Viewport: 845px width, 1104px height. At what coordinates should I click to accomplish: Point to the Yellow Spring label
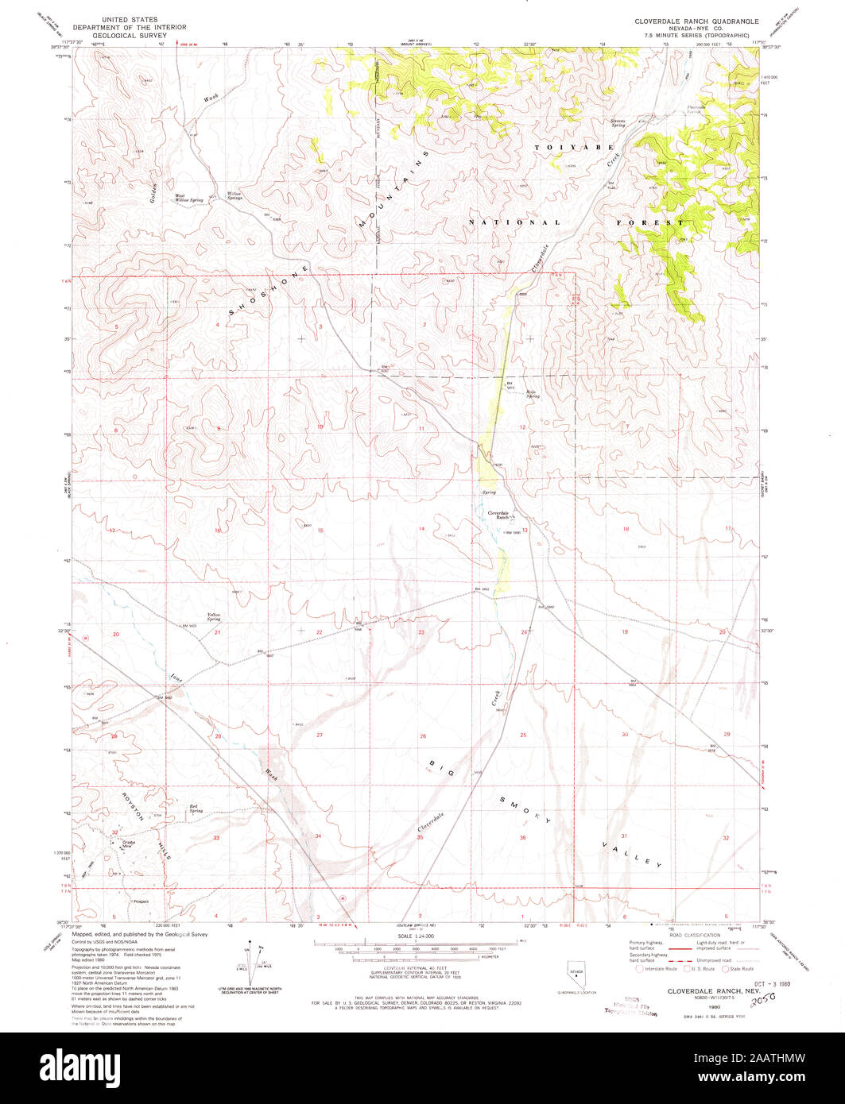click(x=213, y=616)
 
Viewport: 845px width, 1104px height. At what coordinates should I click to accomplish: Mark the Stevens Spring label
click(x=618, y=123)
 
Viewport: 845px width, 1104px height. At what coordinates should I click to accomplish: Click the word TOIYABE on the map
click(x=562, y=148)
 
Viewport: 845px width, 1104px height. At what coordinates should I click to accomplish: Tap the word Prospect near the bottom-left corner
click(x=141, y=901)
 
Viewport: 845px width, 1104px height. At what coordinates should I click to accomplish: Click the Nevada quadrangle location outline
click(x=564, y=976)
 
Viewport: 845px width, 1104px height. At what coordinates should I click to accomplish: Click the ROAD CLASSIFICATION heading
click(x=687, y=936)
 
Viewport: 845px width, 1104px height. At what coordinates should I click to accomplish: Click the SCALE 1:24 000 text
click(x=415, y=938)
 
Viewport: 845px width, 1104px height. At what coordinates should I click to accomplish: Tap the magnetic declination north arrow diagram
click(x=251, y=959)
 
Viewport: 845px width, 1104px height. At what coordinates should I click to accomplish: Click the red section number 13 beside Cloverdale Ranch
click(x=524, y=530)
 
